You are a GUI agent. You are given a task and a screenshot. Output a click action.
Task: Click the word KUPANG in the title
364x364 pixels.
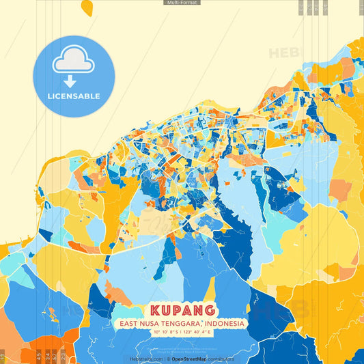pos(182,311)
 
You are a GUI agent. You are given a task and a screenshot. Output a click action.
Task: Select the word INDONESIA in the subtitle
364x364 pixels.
pos(225,323)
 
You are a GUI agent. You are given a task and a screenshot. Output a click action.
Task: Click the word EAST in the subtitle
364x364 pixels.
pos(128,323)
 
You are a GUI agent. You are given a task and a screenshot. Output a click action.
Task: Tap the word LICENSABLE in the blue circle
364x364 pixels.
pos(74,96)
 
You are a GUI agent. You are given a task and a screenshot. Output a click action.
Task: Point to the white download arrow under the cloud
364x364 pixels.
pos(70,81)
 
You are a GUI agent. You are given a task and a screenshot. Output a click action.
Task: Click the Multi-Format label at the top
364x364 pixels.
pos(182,3)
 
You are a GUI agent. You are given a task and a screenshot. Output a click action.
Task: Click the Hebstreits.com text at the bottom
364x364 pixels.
pos(145,358)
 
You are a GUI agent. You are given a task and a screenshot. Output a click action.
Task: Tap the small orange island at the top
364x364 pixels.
pos(87,8)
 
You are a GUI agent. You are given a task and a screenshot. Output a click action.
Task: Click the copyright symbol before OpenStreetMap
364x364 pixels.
pos(168,358)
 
